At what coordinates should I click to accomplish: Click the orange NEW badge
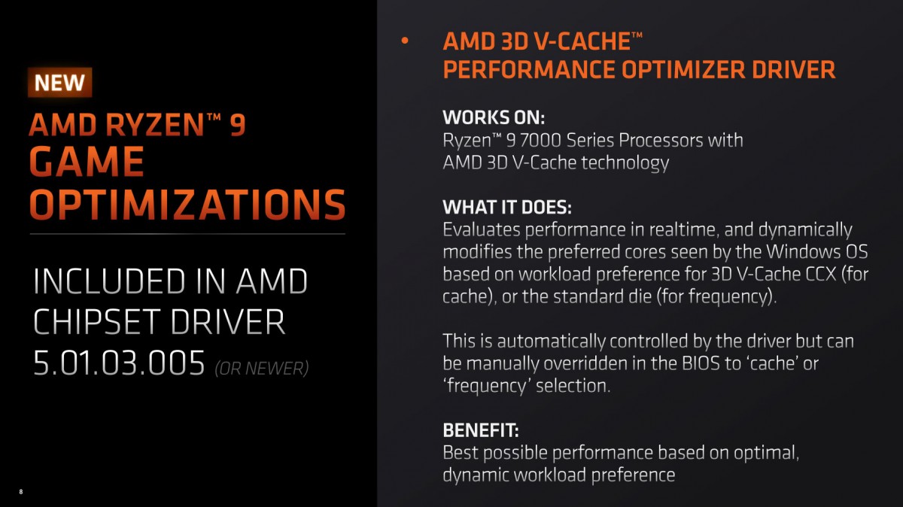coord(59,83)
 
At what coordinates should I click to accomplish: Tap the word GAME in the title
coord(87,161)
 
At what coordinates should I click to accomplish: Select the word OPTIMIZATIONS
coord(187,205)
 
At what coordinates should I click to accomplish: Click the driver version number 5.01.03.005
coord(119,363)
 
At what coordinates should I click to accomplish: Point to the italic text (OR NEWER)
coord(262,369)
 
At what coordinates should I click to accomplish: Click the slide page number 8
coord(21,492)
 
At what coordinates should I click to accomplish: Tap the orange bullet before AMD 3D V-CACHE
coord(405,41)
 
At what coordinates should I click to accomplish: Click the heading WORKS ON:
coord(494,117)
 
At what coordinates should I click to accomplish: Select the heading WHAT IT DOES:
coord(507,207)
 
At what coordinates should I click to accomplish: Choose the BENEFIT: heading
coord(481,430)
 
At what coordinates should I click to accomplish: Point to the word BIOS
coord(701,363)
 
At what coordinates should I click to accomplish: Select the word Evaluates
coord(482,229)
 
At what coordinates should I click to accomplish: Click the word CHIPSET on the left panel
coord(98,322)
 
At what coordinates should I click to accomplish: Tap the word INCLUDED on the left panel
coord(109,281)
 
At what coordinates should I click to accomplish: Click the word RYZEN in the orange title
coord(155,125)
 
